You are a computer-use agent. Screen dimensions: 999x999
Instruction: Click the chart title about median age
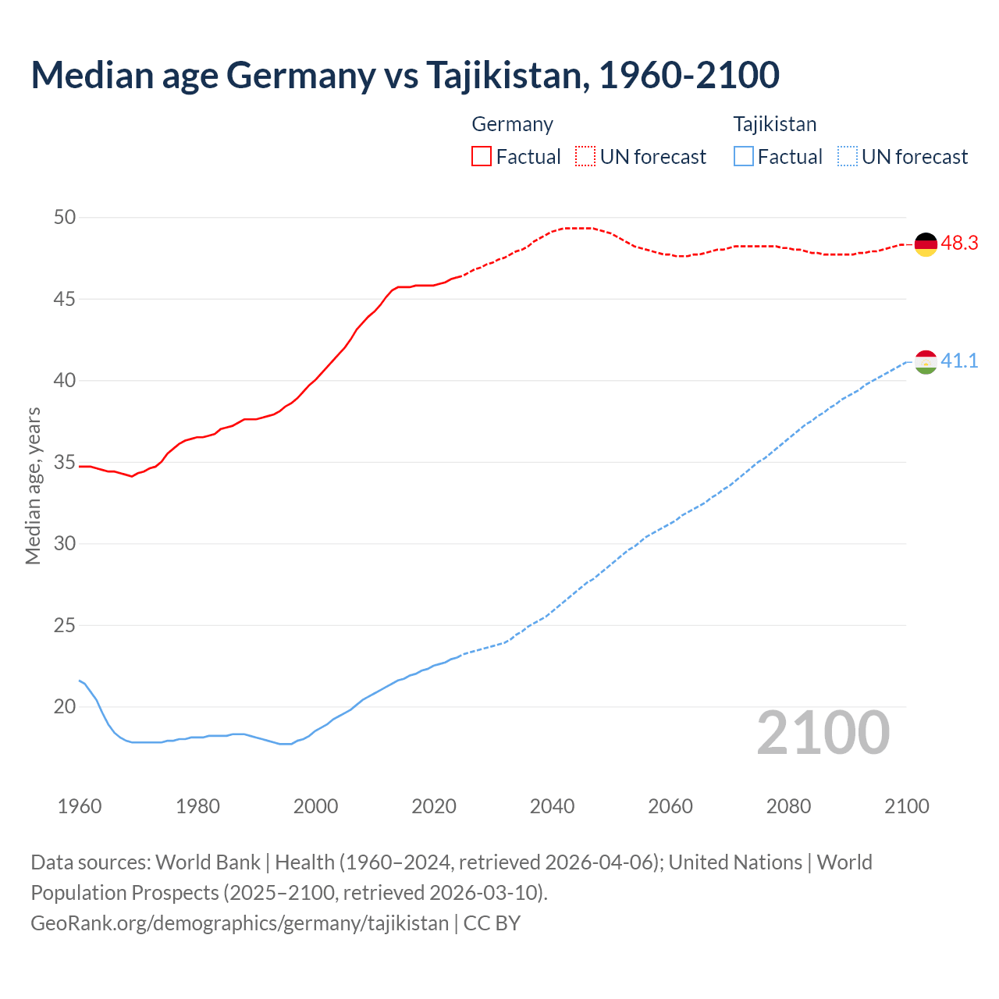(x=405, y=75)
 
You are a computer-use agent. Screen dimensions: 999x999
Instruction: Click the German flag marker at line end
(x=926, y=244)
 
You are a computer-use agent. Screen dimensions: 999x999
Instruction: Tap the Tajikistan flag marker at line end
(x=926, y=362)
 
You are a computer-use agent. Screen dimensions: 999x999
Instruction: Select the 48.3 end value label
(x=959, y=243)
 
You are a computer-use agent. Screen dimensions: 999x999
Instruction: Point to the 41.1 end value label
(x=959, y=361)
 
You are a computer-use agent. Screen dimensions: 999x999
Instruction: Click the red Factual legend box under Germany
(x=482, y=156)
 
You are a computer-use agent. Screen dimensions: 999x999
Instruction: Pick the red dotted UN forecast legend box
(x=585, y=156)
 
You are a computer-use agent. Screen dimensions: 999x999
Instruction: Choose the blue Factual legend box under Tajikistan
(x=744, y=156)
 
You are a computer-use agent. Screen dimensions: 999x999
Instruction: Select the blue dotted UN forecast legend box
(x=847, y=156)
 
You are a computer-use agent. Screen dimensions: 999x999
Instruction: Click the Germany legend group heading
(x=512, y=124)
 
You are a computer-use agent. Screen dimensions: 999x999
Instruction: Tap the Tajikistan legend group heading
(x=774, y=124)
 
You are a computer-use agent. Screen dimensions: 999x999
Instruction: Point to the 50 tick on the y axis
(x=65, y=218)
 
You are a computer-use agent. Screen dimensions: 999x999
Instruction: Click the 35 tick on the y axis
(x=65, y=463)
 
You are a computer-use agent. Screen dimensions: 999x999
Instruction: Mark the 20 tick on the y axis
(x=65, y=707)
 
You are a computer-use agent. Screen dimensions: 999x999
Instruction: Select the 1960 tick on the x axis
(x=80, y=806)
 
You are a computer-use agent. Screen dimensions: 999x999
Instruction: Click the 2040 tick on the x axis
(x=552, y=806)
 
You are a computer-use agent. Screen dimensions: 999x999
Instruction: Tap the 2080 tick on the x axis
(x=788, y=806)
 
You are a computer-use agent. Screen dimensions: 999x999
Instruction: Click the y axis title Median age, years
(x=33, y=485)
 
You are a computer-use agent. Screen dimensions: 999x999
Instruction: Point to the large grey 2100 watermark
(x=823, y=733)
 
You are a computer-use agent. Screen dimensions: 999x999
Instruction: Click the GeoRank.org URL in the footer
(x=240, y=923)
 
